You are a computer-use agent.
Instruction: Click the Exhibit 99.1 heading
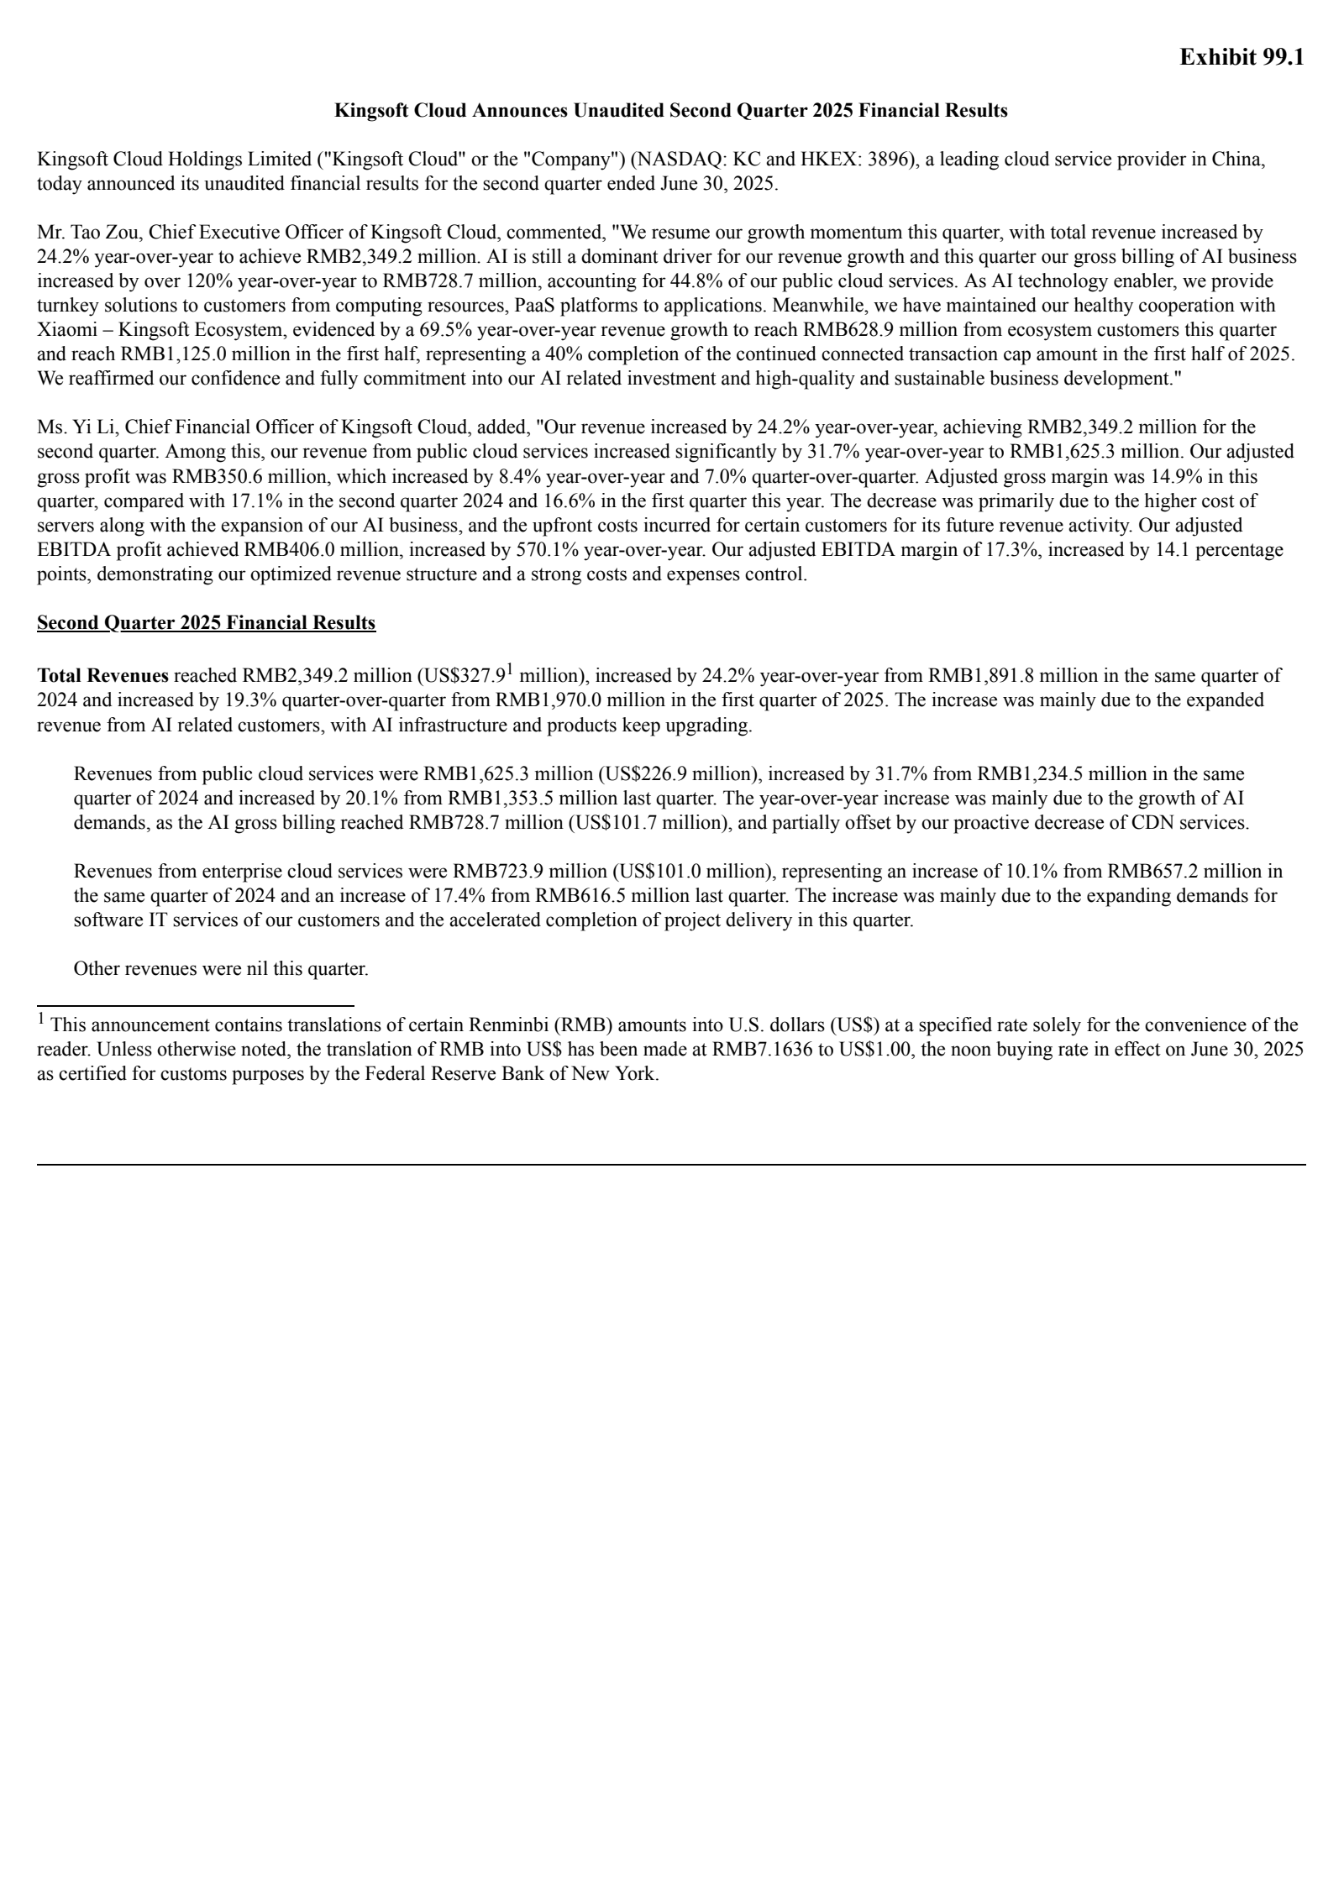tap(1241, 57)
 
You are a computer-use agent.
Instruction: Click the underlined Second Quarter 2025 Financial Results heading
tap(206, 623)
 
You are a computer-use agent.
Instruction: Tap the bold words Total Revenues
tap(102, 676)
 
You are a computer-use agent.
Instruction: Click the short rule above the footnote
tap(195, 1005)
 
